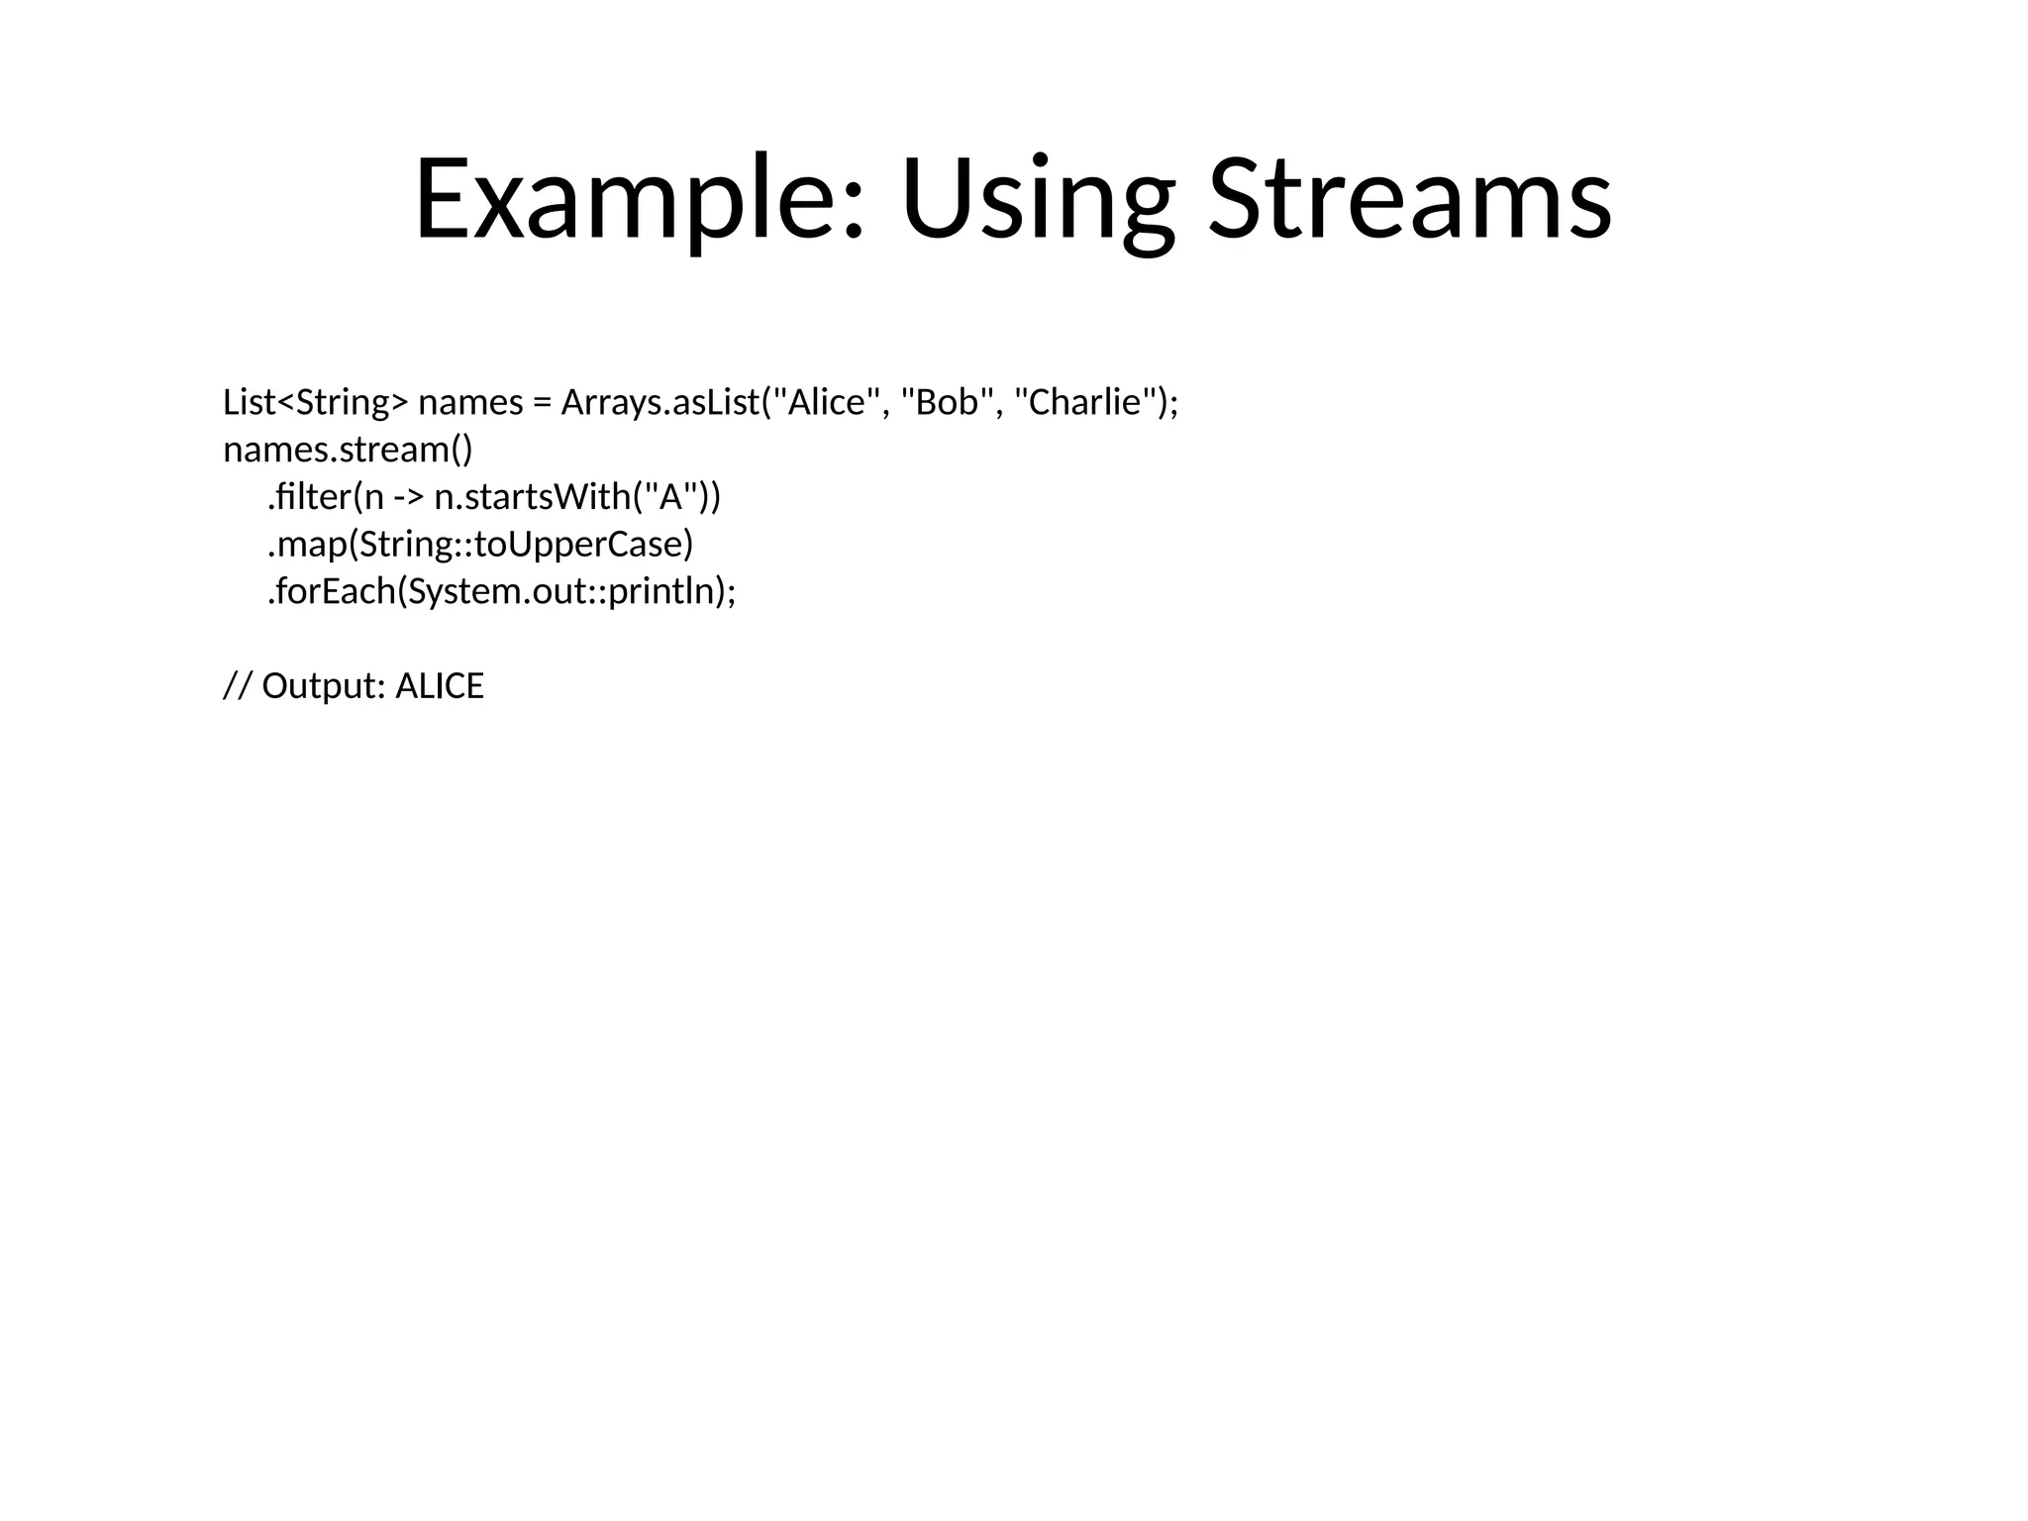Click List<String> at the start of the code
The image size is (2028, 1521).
tap(315, 403)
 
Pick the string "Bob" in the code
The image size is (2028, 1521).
tap(947, 403)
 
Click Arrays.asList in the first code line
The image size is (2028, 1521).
tap(659, 403)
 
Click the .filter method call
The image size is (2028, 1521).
tap(308, 497)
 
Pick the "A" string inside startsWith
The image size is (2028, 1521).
tap(671, 497)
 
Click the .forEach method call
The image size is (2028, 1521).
tap(332, 592)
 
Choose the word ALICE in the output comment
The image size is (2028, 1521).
tap(440, 686)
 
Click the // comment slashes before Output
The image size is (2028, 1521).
tap(238, 686)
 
